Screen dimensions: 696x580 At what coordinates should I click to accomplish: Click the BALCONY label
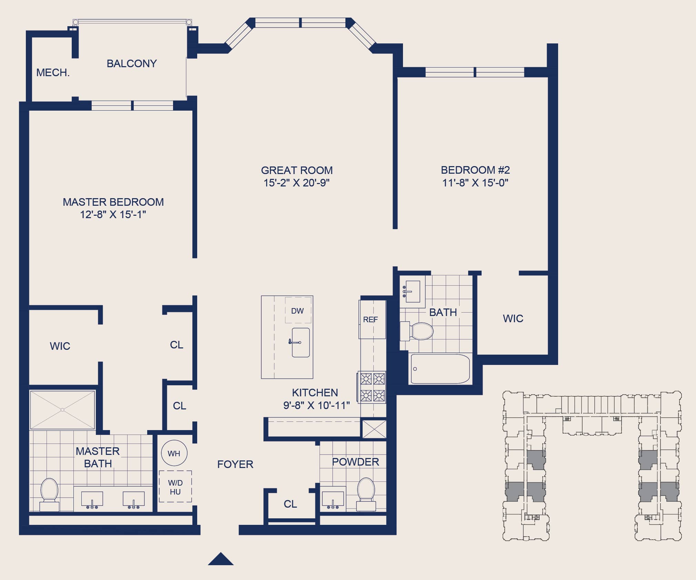tap(132, 63)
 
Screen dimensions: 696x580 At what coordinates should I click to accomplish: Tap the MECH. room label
tap(53, 72)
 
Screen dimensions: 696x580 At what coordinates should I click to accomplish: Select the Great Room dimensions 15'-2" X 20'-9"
tap(296, 183)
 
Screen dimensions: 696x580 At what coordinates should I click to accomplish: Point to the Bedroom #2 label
tap(475, 170)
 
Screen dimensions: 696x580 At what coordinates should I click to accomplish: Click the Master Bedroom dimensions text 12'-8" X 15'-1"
tap(113, 214)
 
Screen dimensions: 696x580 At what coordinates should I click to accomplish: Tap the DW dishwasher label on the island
tap(297, 311)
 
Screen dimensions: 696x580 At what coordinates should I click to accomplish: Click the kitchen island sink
tap(301, 342)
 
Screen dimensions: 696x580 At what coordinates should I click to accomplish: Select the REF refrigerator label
tap(370, 319)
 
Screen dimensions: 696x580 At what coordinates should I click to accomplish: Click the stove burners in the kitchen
tap(372, 387)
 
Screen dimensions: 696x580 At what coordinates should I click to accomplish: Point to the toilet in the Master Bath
tap(49, 494)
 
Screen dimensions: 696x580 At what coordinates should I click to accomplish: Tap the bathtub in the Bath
tap(440, 369)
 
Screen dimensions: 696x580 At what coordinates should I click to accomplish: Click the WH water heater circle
tap(174, 453)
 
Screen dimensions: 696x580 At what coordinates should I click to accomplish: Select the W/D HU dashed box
tap(175, 486)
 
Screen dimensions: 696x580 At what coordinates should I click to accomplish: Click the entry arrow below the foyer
tap(221, 559)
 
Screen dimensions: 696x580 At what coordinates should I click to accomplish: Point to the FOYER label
tap(235, 464)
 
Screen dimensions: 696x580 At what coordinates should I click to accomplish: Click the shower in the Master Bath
tap(62, 410)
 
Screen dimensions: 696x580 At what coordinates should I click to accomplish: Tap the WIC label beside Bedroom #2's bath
tap(513, 318)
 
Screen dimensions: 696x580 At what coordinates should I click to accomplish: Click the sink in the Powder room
tap(333, 498)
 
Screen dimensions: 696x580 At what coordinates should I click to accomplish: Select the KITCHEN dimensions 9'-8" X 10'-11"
tap(316, 405)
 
